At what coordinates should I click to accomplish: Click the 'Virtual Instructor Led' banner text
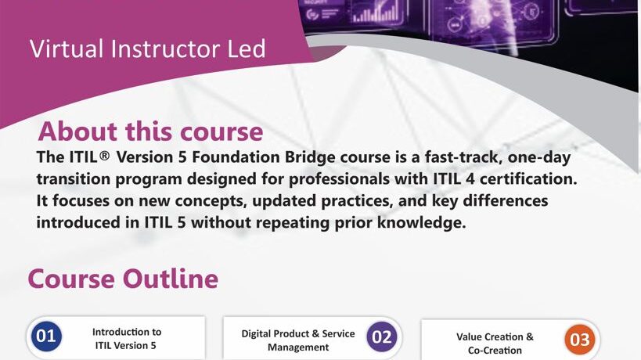point(148,49)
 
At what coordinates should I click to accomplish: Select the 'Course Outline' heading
point(123,279)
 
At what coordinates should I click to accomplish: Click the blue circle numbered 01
point(46,337)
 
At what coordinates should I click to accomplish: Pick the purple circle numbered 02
point(382,337)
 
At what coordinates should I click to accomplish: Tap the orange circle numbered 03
point(580,340)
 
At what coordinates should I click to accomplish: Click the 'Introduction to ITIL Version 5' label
point(126,337)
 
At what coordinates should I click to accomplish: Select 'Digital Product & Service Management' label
point(298,340)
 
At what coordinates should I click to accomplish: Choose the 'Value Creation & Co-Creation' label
point(495,343)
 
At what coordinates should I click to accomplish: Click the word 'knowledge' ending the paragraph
point(422,222)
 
